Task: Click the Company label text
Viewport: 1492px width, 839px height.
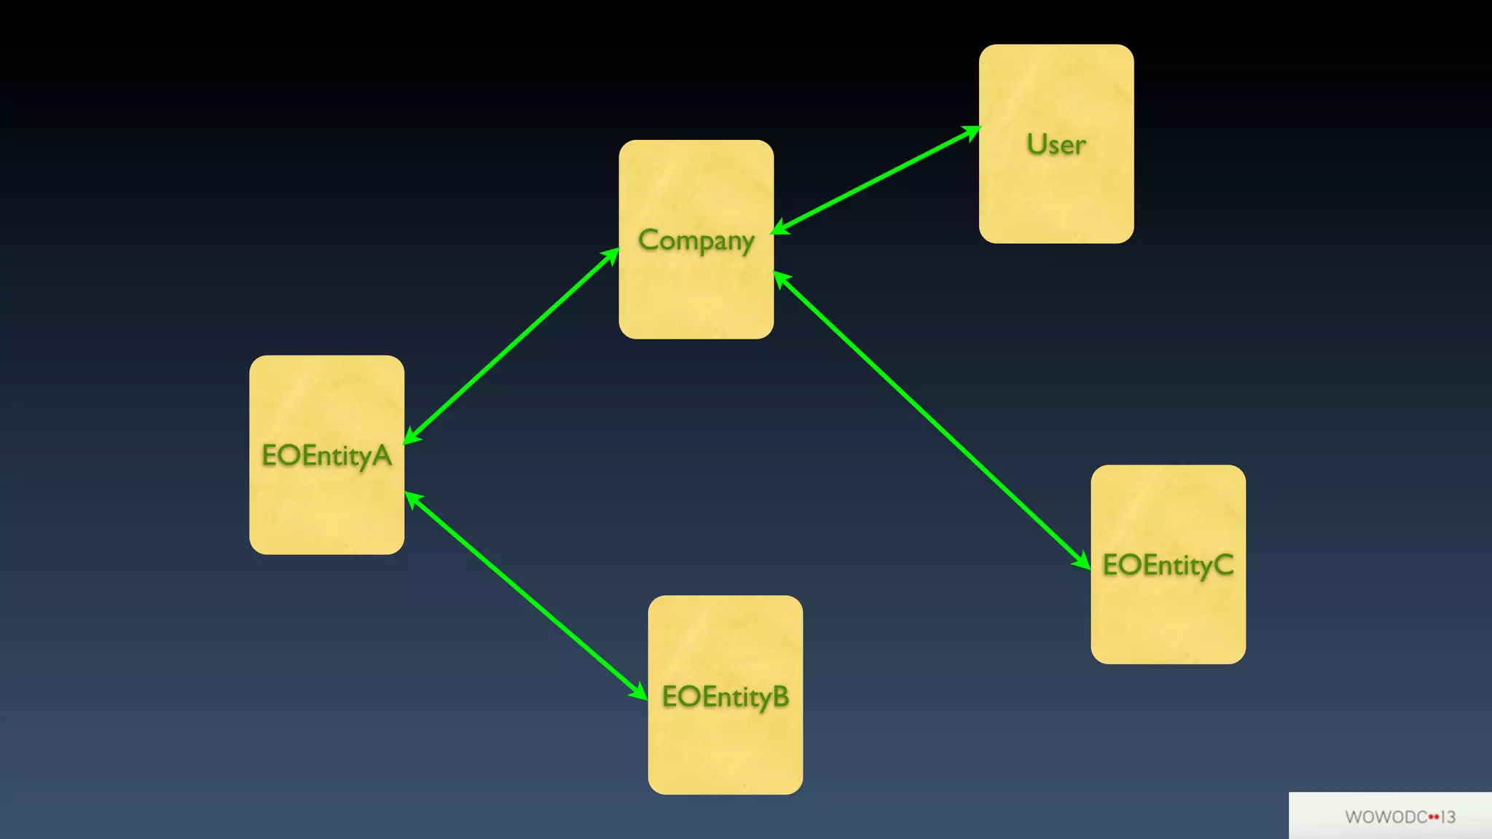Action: (x=696, y=241)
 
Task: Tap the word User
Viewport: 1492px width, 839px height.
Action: (x=1056, y=145)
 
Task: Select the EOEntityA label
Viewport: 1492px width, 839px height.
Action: (x=326, y=457)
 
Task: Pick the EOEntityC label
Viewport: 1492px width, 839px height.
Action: (x=1168, y=566)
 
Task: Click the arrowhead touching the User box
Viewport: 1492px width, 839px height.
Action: (x=973, y=132)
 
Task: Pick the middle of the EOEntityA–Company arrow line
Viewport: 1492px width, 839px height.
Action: (x=511, y=345)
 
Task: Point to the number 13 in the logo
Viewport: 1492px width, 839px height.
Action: (x=1448, y=817)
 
